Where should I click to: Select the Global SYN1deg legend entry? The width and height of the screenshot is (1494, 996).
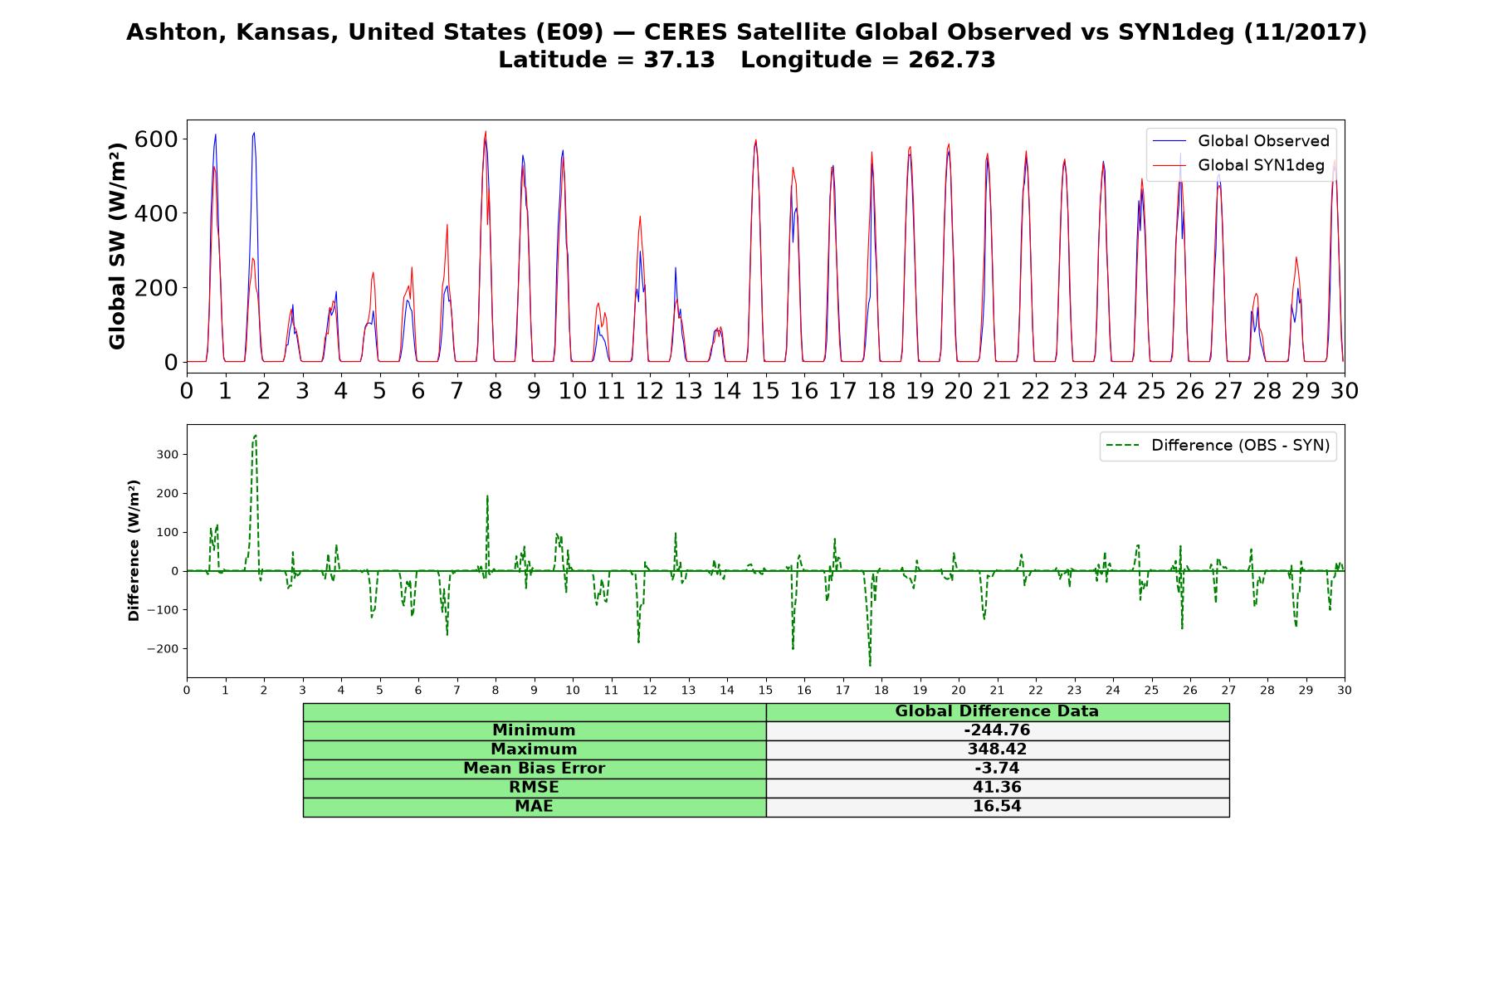[x=1238, y=165]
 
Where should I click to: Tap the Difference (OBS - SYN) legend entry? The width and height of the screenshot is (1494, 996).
[x=1218, y=446]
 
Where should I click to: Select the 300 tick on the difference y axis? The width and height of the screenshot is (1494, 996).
[x=166, y=455]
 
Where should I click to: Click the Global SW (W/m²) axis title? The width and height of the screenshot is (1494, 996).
[x=117, y=246]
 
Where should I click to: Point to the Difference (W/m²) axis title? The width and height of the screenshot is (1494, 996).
[x=134, y=551]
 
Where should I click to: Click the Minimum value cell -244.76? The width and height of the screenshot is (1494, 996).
[x=997, y=730]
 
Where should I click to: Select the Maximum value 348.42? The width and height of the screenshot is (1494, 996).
[x=997, y=749]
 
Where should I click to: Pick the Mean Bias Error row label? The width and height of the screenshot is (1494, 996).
[x=534, y=769]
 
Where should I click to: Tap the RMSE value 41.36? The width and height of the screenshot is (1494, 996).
[x=997, y=788]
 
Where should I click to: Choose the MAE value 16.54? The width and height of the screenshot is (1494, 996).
[x=997, y=807]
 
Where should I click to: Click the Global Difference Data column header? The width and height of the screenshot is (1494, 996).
[x=997, y=711]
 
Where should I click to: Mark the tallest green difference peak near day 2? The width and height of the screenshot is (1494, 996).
[x=256, y=435]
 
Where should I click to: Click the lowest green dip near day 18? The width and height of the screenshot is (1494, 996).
[x=870, y=666]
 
